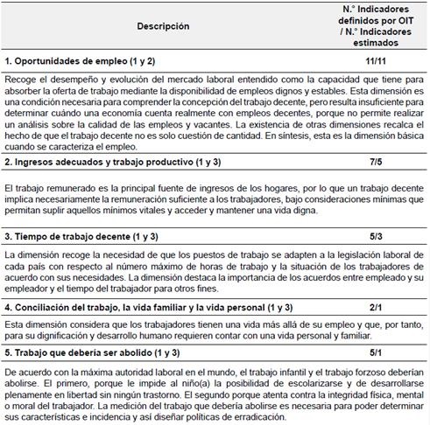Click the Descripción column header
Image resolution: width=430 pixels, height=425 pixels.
pos(163,26)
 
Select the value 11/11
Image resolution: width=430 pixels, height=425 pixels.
pos(375,61)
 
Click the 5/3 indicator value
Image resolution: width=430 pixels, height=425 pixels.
pos(375,237)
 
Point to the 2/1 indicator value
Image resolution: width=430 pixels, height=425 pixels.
pos(375,307)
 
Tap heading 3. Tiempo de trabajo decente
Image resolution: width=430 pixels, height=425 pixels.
pos(80,237)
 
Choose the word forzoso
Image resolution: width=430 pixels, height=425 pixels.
pos(361,372)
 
